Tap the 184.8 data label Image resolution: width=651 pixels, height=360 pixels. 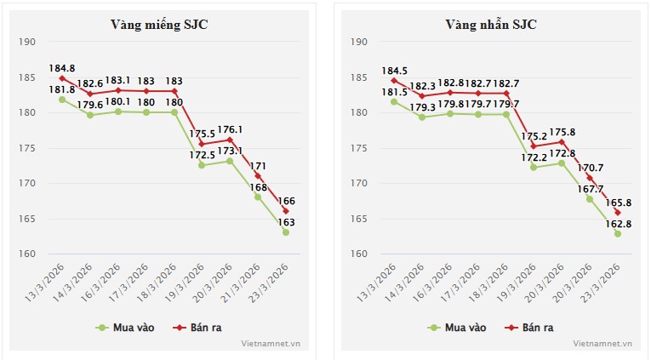point(61,68)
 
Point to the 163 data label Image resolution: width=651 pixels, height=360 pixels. point(286,221)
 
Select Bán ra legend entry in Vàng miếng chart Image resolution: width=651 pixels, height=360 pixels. point(200,327)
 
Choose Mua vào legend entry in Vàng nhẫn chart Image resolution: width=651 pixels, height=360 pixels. point(458,327)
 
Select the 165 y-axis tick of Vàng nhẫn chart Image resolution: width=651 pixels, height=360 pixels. point(358,219)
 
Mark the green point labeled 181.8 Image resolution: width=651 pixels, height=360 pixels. point(62,100)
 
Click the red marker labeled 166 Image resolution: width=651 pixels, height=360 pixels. point(286,211)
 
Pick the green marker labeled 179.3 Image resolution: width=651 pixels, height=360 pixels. point(421,117)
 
